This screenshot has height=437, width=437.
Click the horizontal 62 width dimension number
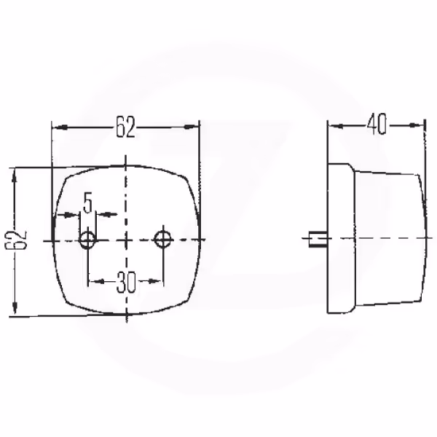(x=125, y=127)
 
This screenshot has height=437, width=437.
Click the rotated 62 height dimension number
(x=16, y=240)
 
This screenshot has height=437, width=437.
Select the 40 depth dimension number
(x=377, y=125)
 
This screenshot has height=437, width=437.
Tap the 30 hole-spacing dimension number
(x=126, y=282)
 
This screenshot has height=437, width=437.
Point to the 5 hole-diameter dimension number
(x=88, y=204)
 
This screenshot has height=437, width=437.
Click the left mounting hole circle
(x=87, y=240)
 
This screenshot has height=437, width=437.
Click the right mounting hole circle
(x=164, y=239)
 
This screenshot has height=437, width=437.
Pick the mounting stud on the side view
(x=318, y=238)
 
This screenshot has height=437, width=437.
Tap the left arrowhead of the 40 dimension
(x=336, y=126)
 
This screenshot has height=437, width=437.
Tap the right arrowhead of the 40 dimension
(x=417, y=125)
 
